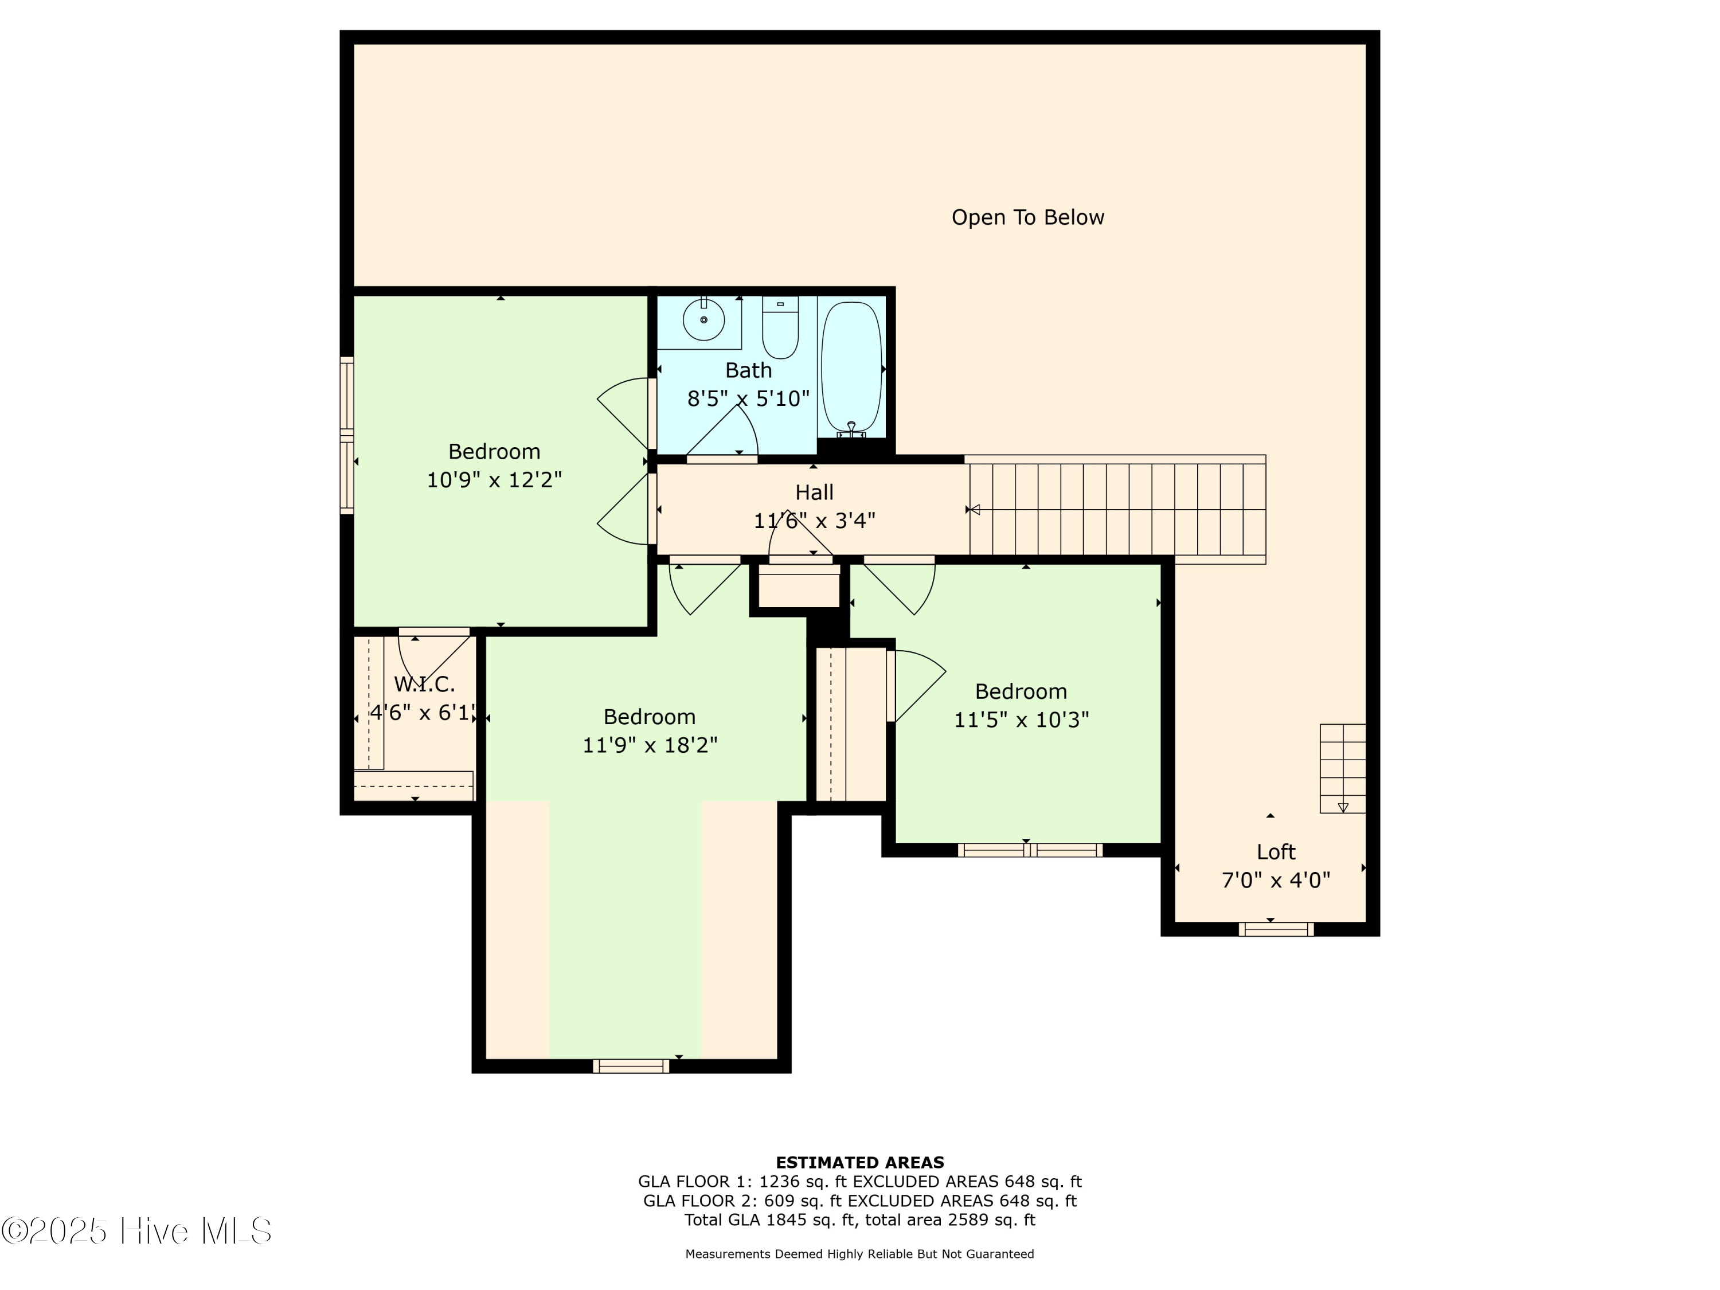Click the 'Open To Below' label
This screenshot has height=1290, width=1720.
(1027, 218)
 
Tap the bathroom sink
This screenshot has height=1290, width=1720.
(703, 319)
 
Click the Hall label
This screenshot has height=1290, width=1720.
(814, 492)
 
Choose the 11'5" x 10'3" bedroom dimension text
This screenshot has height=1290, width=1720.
(1021, 720)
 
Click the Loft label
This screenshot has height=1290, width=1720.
(1276, 851)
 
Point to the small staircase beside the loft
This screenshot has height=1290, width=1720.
(1342, 768)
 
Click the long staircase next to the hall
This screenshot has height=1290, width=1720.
(1117, 509)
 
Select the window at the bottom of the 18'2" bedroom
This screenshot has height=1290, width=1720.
(631, 1066)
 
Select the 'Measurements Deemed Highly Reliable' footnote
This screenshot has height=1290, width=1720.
(859, 1253)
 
